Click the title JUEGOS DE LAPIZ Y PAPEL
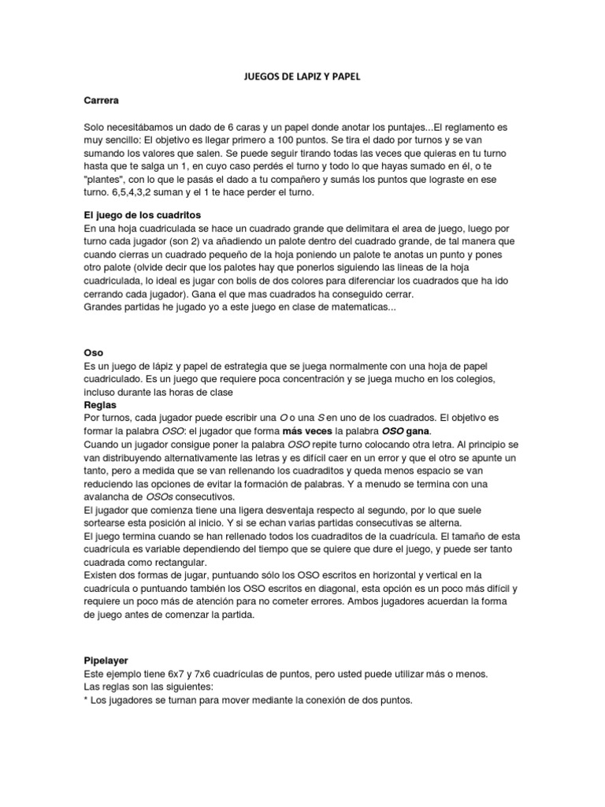302,76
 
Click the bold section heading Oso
93,354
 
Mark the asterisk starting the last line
85,700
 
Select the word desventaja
287,511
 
